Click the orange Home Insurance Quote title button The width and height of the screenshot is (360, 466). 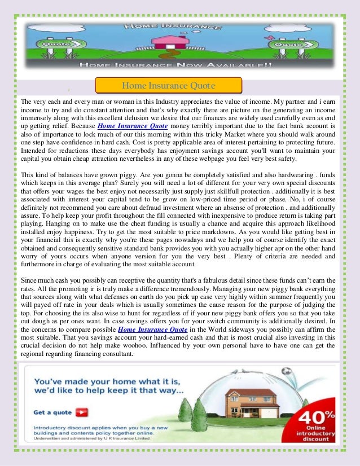coord(168,86)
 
